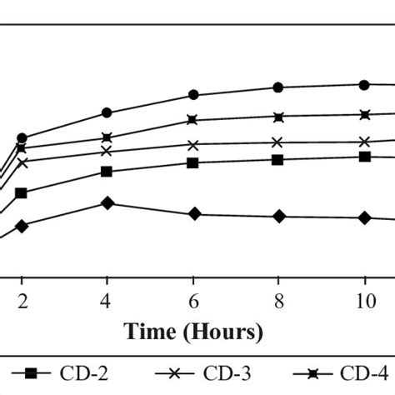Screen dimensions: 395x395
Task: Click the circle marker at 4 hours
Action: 107,112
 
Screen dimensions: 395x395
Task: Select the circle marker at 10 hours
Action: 364,84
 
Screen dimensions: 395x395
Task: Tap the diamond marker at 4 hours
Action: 107,202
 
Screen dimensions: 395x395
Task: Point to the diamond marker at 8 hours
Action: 278,217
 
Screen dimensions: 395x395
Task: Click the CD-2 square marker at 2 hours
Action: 21,193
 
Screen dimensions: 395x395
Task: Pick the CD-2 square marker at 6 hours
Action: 192,163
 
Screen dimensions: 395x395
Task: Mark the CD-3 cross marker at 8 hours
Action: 278,142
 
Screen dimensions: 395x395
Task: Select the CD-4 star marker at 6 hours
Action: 192,120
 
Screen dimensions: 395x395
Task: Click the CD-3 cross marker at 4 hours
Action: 107,151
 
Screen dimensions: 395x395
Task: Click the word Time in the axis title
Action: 152,332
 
